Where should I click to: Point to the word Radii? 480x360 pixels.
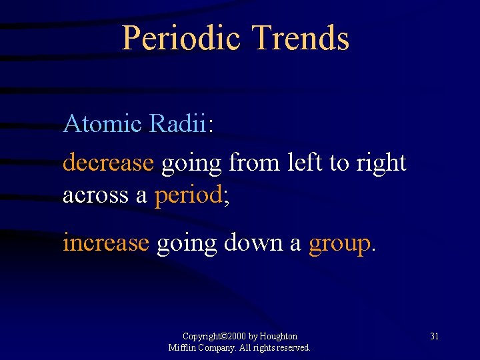178,123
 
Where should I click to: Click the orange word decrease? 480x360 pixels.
108,162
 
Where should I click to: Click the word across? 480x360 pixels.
94,195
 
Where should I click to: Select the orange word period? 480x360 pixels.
188,195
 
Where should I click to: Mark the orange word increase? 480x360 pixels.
105,243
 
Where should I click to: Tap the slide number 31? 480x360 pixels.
434,336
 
